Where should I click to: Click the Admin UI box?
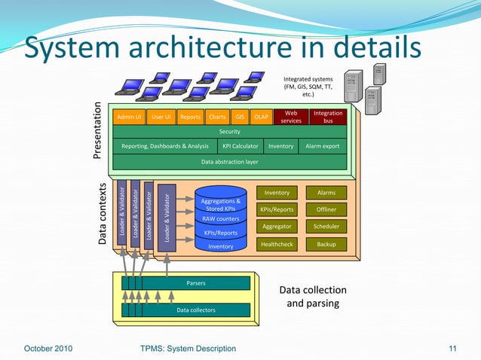tap(128, 117)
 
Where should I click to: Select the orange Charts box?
tap(217, 117)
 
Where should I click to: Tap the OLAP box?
tap(262, 117)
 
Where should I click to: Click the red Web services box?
tap(291, 117)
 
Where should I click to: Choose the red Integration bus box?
tap(328, 117)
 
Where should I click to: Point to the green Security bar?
tap(229, 132)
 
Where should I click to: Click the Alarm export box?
tap(322, 146)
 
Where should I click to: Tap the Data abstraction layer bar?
tap(229, 161)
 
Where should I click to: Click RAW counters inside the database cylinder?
tap(221, 218)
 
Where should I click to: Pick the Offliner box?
tap(326, 209)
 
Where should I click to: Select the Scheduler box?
tap(326, 227)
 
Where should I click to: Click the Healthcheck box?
tap(277, 245)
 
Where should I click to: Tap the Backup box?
tap(326, 245)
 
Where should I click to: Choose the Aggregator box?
tap(277, 227)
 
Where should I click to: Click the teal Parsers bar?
tap(196, 283)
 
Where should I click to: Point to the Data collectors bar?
tap(196, 310)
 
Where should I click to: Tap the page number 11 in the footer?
tap(453, 348)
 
